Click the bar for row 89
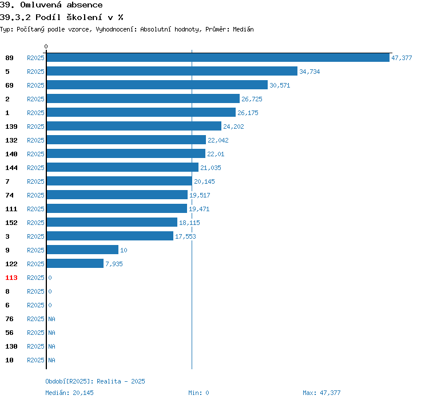217,58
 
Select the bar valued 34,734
172,72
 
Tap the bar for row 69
157,85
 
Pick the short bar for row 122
75,264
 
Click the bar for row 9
82,250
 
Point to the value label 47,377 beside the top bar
402,58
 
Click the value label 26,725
252,99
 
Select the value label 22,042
218,140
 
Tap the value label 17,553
185,236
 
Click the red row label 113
11,278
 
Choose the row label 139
11,127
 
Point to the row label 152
11,223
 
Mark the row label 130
11,346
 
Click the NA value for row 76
51,319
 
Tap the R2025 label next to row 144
35,168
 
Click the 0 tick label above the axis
46,46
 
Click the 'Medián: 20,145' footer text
69,393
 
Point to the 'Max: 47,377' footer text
321,393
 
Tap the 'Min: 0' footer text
198,393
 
